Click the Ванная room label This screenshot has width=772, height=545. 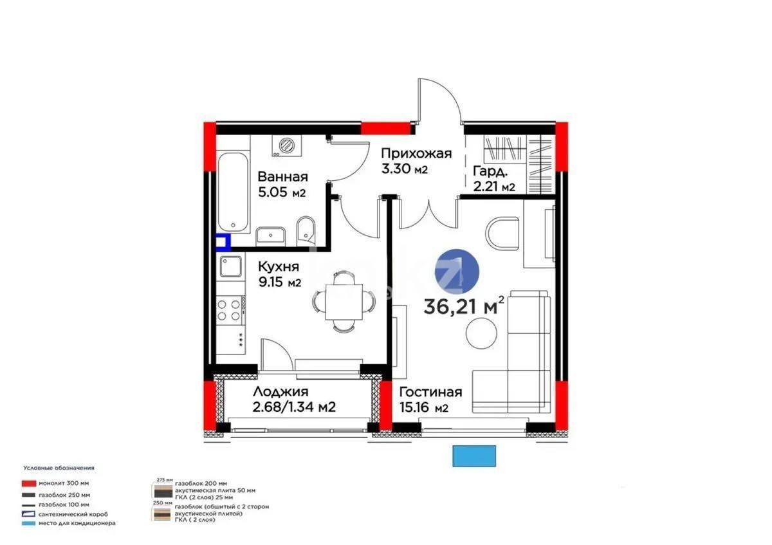click(x=282, y=177)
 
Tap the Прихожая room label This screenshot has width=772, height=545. click(x=416, y=154)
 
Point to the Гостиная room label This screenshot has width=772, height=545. click(x=430, y=393)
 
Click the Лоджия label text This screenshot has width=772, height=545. click(x=280, y=392)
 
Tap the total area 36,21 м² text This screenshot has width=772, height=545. click(x=463, y=306)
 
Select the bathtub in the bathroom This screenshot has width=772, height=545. click(x=232, y=193)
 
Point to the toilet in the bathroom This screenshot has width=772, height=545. click(x=306, y=230)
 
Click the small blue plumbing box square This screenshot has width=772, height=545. click(x=222, y=243)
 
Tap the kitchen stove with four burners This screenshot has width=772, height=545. click(x=229, y=310)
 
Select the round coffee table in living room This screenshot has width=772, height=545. click(x=482, y=333)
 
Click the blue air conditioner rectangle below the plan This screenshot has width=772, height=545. click(x=475, y=456)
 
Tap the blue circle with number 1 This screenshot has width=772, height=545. click(x=457, y=273)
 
